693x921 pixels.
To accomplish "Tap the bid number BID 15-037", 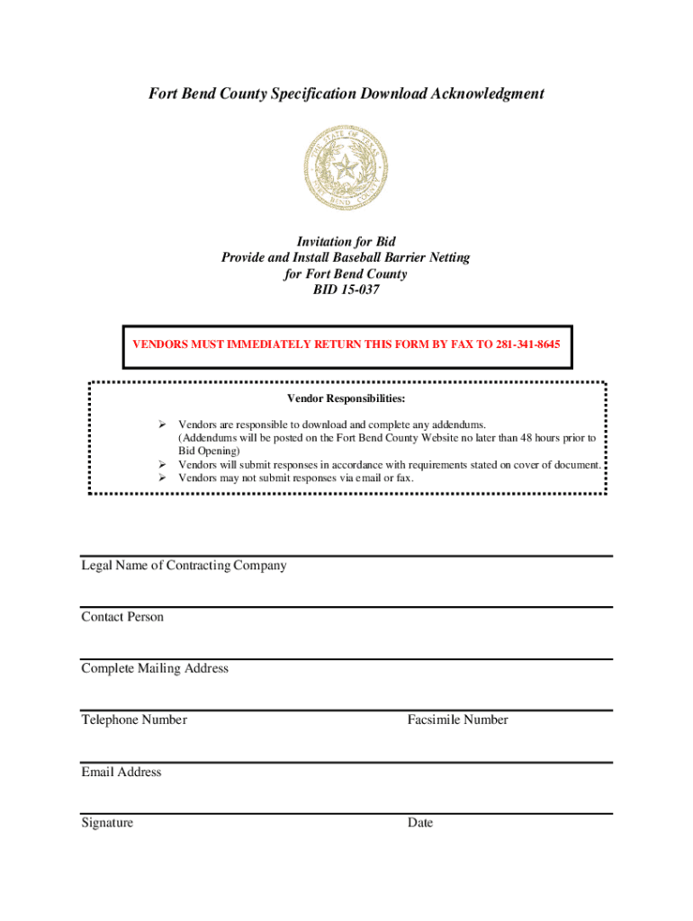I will [x=346, y=291].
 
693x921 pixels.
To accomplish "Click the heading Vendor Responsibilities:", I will [x=346, y=398].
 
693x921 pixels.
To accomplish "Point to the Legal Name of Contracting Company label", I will [x=184, y=566].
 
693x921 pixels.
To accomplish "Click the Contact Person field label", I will [x=122, y=617].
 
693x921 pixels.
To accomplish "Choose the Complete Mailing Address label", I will [x=155, y=668].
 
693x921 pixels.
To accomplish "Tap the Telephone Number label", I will [x=134, y=720].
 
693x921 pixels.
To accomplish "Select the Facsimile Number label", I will [x=457, y=720].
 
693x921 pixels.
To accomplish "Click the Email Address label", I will [x=121, y=772].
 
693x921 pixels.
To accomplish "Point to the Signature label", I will [x=107, y=823].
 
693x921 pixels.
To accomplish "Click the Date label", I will [x=419, y=823].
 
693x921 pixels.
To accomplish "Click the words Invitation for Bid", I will [x=346, y=242].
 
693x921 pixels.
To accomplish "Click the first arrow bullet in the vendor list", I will [x=163, y=425].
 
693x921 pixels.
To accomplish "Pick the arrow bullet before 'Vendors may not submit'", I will [x=163, y=478].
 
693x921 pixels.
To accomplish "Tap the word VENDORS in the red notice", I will [x=161, y=344].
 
